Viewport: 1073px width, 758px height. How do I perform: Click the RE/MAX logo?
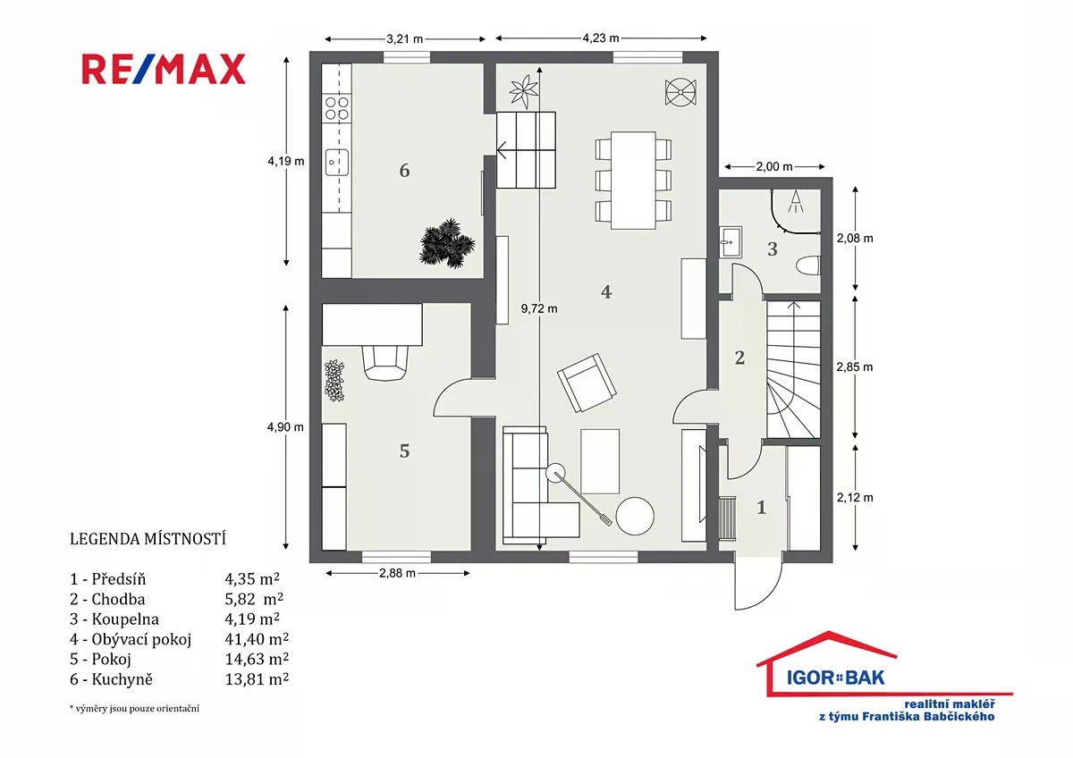pyautogui.click(x=164, y=69)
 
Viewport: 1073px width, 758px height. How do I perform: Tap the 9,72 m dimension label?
pyautogui.click(x=539, y=309)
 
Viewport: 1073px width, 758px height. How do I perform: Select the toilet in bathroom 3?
pyautogui.click(x=808, y=265)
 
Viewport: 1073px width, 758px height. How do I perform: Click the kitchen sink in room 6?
pyautogui.click(x=337, y=163)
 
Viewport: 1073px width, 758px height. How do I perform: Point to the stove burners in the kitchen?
pyautogui.click(x=337, y=108)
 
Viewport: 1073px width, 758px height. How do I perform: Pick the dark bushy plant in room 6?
pyautogui.click(x=447, y=243)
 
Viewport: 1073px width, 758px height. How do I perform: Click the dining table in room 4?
pyautogui.click(x=633, y=181)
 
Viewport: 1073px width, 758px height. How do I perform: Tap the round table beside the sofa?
pyautogui.click(x=635, y=516)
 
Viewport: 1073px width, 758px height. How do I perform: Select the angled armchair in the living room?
pyautogui.click(x=587, y=383)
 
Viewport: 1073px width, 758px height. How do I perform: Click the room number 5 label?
pyautogui.click(x=404, y=451)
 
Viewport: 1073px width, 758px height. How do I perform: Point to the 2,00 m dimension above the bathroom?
pyautogui.click(x=774, y=166)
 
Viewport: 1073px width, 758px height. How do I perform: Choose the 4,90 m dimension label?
pyautogui.click(x=285, y=426)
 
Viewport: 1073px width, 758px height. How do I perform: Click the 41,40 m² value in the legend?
pyautogui.click(x=257, y=639)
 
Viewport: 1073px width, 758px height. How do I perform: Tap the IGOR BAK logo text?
pyautogui.click(x=836, y=678)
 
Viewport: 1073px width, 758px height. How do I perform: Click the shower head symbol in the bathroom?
pyautogui.click(x=796, y=201)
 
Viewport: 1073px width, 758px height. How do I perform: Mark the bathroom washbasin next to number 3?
pyautogui.click(x=731, y=242)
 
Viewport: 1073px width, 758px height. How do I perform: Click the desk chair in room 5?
pyautogui.click(x=385, y=363)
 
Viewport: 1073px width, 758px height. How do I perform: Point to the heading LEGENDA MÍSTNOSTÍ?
pyautogui.click(x=148, y=539)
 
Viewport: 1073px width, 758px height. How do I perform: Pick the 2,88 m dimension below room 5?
pyautogui.click(x=397, y=573)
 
